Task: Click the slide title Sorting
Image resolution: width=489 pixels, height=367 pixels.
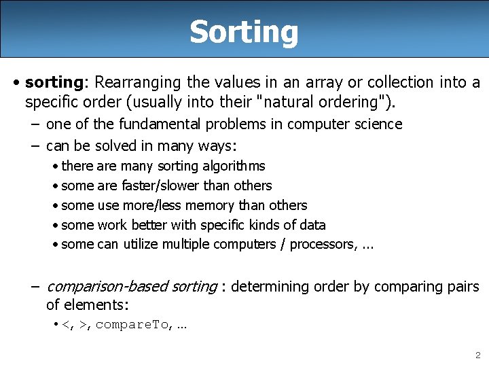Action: coord(244,31)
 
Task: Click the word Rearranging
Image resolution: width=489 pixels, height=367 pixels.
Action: coord(138,82)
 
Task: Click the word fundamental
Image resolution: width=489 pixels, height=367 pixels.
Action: coord(160,124)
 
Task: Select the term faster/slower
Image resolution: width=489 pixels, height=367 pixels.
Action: coord(161,186)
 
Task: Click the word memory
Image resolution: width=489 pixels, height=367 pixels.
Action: coord(225,205)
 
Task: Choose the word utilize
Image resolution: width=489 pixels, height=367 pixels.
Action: coord(141,245)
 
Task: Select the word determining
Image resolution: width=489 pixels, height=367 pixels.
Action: coord(268,286)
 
